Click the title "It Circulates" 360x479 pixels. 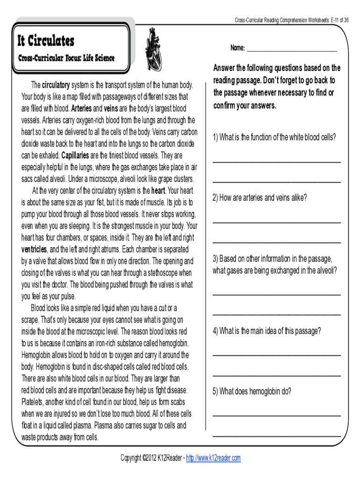[46, 41]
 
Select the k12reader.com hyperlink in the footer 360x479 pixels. [213, 458]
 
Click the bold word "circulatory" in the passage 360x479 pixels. [56, 86]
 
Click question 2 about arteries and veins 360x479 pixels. [260, 198]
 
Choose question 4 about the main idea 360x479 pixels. [266, 331]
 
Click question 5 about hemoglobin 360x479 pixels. [252, 392]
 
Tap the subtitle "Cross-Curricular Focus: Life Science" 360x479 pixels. [66, 58]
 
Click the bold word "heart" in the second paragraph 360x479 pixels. [158, 191]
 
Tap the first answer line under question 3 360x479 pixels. [276, 294]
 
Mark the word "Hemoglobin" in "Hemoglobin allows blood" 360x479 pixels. [39, 355]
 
